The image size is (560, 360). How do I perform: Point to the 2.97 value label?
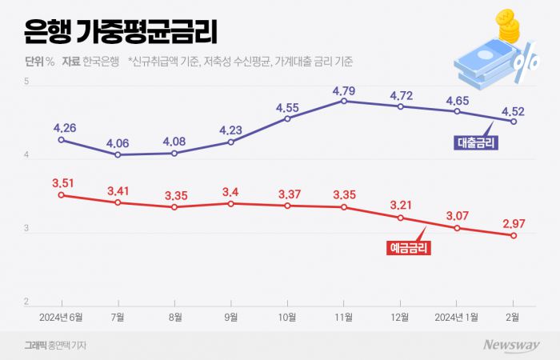[514, 223]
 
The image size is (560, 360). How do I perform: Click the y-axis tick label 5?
[27, 82]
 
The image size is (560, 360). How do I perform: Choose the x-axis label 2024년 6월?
[62, 317]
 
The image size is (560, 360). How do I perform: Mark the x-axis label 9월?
[231, 317]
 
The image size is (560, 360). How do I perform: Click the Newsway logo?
[511, 345]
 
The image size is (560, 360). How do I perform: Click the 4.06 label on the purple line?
[118, 143]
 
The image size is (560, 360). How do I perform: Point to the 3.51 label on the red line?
[62, 183]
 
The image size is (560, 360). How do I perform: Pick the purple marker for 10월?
[287, 118]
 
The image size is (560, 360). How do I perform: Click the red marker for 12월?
[401, 218]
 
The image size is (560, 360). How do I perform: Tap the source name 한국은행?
[101, 61]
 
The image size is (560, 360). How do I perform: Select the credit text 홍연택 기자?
[68, 345]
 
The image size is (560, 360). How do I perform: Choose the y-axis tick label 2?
[27, 302]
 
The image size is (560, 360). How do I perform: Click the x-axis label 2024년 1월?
[456, 317]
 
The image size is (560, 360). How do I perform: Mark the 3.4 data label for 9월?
[231, 192]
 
